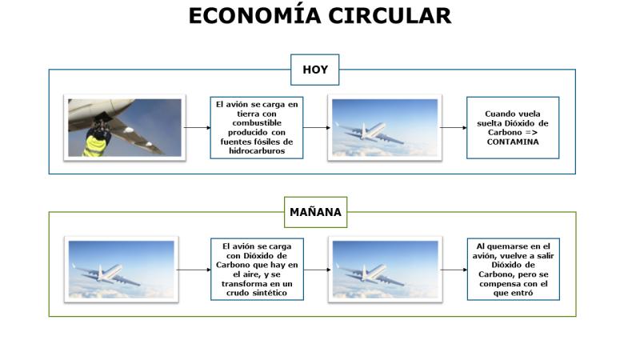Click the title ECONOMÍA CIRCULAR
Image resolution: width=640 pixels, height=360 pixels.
click(x=319, y=15)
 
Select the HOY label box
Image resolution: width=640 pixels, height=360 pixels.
click(x=314, y=70)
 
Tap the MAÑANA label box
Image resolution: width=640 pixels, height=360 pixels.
click(x=315, y=212)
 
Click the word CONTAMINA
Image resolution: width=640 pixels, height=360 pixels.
click(x=513, y=142)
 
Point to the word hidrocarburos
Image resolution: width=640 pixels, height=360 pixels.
click(x=257, y=151)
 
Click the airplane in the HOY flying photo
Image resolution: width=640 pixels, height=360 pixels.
click(x=370, y=131)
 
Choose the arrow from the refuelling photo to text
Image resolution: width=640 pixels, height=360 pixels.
click(x=198, y=128)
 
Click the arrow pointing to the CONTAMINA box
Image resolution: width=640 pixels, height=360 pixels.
click(x=454, y=128)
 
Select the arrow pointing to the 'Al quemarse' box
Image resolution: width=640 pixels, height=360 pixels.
click(x=454, y=270)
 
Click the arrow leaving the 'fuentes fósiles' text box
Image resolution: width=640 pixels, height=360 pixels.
click(x=317, y=128)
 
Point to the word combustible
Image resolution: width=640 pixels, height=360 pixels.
click(x=257, y=123)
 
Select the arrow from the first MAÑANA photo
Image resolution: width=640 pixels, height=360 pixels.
click(x=194, y=270)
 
